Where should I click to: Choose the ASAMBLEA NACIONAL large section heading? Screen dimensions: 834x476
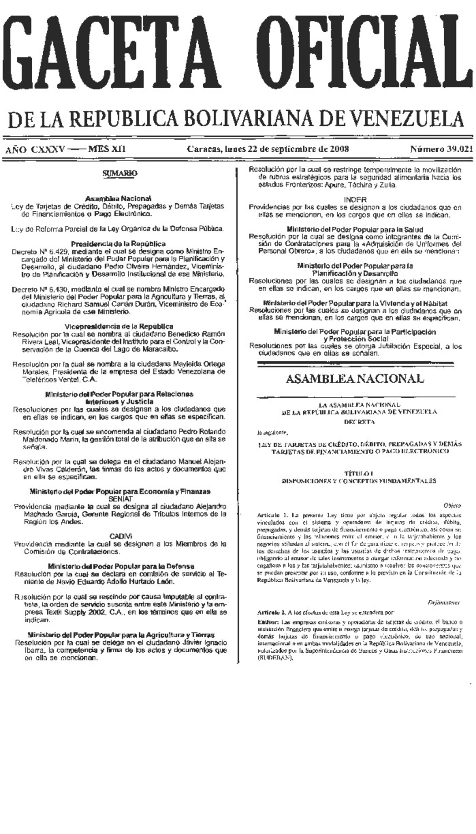[355, 378]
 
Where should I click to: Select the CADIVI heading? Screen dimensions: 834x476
[120, 536]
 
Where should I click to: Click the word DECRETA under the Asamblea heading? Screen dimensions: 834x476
[359, 422]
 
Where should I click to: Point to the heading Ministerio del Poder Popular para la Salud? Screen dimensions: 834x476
[355, 229]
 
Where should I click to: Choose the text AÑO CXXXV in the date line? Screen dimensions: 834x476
[34, 149]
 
